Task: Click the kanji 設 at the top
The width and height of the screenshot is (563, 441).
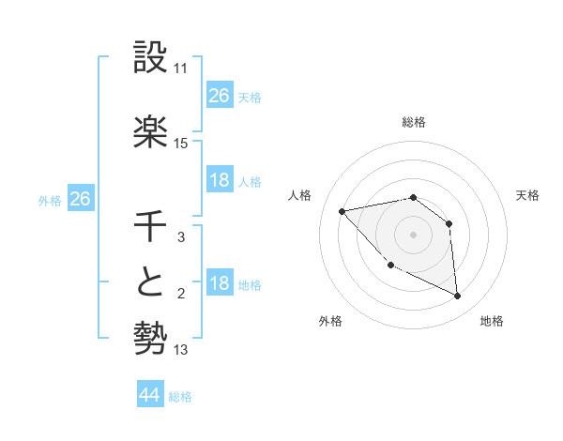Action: tap(151, 58)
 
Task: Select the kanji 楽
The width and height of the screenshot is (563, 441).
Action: tap(151, 132)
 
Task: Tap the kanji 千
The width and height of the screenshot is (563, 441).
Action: tap(151, 227)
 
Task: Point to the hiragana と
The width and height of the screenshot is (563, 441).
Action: tap(151, 284)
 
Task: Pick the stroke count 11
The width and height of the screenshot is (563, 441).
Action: tap(181, 69)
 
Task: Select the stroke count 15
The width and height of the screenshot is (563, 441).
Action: tap(181, 144)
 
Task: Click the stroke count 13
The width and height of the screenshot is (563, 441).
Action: tap(181, 350)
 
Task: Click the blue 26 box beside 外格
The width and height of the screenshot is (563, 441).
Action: tap(80, 199)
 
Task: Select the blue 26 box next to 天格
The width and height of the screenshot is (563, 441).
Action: tap(219, 96)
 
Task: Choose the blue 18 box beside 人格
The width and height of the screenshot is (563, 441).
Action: tap(219, 180)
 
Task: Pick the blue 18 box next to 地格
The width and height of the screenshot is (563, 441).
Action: tap(219, 283)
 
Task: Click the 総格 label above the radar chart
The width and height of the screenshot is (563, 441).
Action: tap(413, 122)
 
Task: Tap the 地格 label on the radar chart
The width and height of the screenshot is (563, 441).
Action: tap(492, 322)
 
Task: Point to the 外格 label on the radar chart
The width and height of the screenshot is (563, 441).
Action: tap(330, 322)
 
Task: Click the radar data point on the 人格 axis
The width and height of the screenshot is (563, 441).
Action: tap(342, 211)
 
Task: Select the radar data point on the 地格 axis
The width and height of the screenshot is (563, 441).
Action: tap(457, 297)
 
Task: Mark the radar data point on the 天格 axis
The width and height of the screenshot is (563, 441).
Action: tap(449, 223)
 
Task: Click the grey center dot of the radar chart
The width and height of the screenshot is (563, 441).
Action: tap(413, 235)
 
